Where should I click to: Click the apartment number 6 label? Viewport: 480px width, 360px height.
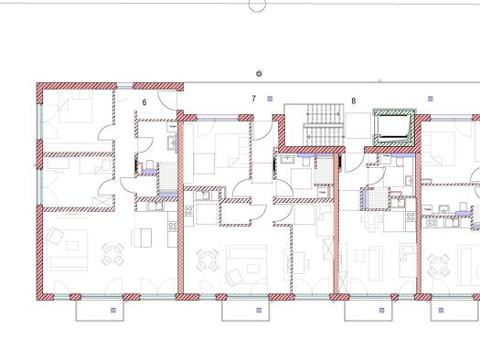point(144,102)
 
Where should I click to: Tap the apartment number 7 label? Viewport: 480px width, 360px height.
point(253,99)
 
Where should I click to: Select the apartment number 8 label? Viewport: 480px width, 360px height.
point(354,101)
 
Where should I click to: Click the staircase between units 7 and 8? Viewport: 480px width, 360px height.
point(322,125)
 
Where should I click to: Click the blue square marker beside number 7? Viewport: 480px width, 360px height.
point(270,99)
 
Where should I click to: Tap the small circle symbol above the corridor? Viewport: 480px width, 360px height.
point(259,74)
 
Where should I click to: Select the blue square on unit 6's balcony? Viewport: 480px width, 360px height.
point(113,310)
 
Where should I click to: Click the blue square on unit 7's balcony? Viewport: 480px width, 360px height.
point(259,310)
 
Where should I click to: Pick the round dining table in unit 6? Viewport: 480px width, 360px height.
point(112,254)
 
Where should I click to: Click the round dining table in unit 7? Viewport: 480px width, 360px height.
point(208,260)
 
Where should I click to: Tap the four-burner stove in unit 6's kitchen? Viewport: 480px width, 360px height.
point(173,227)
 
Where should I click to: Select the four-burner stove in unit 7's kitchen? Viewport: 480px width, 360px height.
point(188,211)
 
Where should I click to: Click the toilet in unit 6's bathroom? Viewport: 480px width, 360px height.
point(149,164)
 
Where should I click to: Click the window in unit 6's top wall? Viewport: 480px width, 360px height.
point(125,87)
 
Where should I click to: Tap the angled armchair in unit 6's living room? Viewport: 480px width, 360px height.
point(55,236)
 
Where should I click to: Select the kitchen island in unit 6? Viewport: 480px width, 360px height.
point(144,238)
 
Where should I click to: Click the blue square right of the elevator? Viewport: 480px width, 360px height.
point(431,99)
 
